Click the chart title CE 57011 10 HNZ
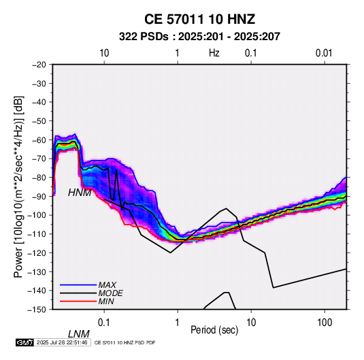coord(199,19)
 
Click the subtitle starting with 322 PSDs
coord(199,37)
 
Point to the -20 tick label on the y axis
coord(39,65)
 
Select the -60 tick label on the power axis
coord(39,140)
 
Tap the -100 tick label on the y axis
coord(37,215)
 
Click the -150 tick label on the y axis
coord(37,310)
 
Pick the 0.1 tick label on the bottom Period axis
coord(104,323)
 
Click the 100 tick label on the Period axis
coord(325,323)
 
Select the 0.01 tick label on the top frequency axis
coord(324,53)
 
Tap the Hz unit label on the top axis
coord(214,53)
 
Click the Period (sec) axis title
coord(214,330)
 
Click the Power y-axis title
coord(18,187)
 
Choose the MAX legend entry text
coord(107,284)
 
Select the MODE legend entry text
coord(110,293)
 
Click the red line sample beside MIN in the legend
coord(78,301)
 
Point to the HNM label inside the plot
coord(80,193)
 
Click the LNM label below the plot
coord(79,334)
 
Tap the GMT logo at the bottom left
coord(24,342)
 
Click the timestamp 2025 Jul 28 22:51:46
coord(62,342)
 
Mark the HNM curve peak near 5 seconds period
coord(226,208)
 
